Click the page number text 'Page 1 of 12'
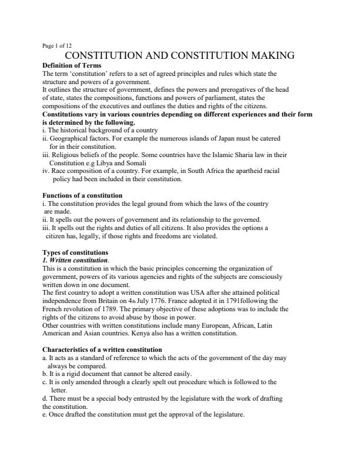pos(58,45)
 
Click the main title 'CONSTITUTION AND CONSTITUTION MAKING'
pos(179,56)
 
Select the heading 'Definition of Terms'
pos(72,65)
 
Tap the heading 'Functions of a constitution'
pos(82,195)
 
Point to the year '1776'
pos(163,300)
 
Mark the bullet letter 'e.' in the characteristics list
pos(46,415)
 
